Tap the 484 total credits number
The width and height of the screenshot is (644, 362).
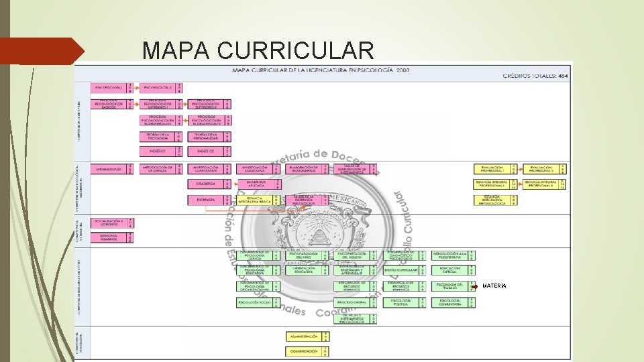tap(563, 76)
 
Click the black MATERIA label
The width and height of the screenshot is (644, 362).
tap(494, 286)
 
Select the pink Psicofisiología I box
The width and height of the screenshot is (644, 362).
tap(110, 88)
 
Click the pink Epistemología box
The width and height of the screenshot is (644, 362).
tap(110, 170)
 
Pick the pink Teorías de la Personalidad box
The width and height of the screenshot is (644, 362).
tap(205, 136)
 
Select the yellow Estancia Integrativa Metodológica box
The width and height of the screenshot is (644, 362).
tap(494, 199)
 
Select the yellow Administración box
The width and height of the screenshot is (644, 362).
tap(303, 336)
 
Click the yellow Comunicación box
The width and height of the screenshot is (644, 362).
tap(303, 351)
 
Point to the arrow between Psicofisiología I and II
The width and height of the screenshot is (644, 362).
tap(137, 88)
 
